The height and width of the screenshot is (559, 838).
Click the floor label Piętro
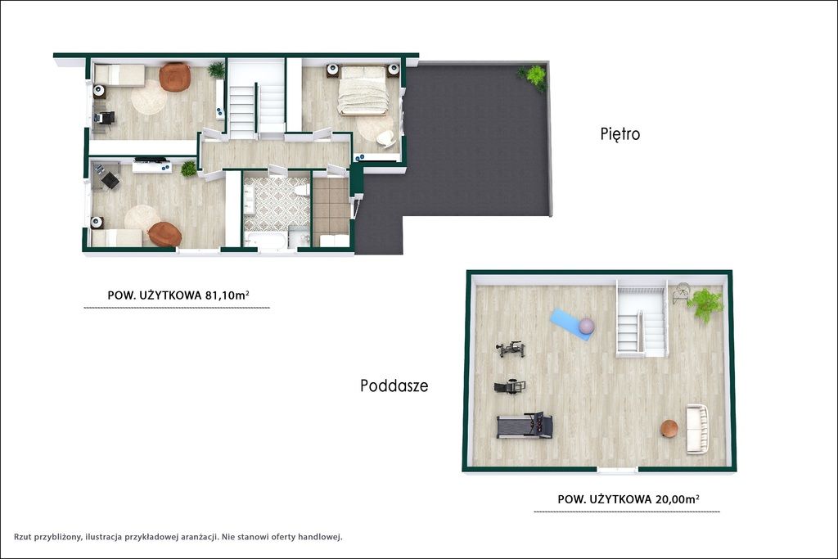click(x=620, y=133)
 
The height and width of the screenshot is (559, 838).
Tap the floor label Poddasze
click(x=394, y=385)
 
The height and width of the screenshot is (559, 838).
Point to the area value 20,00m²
click(x=677, y=499)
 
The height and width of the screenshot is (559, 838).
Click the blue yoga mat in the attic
click(x=570, y=324)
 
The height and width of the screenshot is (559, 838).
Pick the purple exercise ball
click(x=586, y=326)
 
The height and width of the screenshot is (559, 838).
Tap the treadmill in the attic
click(x=525, y=426)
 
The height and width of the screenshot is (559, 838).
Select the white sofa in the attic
click(x=697, y=429)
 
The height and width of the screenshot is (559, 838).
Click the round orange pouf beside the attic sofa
click(x=669, y=428)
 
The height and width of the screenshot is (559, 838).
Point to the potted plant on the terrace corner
click(x=533, y=76)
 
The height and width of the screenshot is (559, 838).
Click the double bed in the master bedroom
click(x=363, y=90)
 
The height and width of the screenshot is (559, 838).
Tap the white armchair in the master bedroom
click(x=385, y=138)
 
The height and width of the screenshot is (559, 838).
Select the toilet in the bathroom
click(x=301, y=190)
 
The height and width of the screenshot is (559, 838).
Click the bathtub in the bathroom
click(x=266, y=241)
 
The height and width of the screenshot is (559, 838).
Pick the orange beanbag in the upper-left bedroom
click(x=175, y=77)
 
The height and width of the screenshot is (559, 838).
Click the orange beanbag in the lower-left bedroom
click(x=165, y=234)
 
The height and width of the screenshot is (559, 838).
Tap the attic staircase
click(x=642, y=318)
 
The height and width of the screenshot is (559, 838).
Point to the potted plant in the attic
click(x=705, y=304)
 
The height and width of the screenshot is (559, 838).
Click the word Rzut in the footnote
click(x=22, y=537)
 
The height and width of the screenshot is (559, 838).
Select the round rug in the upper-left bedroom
click(x=149, y=97)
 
